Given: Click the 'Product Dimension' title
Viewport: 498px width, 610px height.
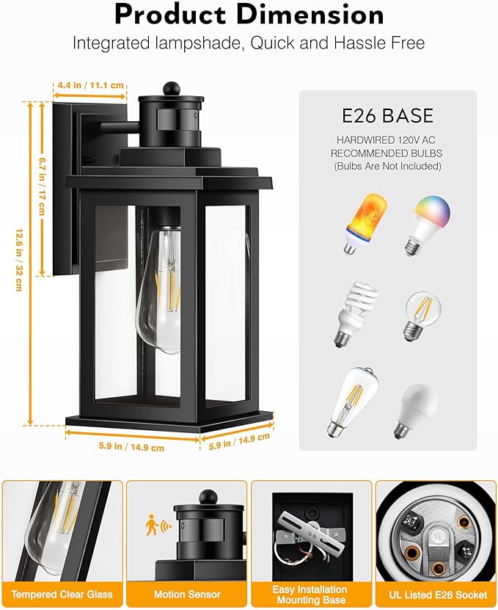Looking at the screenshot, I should [249, 15].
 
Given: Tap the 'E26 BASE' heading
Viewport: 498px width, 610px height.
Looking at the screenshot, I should [388, 116].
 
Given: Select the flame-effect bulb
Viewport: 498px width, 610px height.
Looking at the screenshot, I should [358, 223].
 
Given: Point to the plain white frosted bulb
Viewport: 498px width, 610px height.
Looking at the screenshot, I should [416, 410].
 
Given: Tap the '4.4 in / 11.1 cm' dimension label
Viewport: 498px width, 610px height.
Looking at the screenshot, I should [91, 85].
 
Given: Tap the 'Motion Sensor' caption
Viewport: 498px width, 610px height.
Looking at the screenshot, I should [186, 594].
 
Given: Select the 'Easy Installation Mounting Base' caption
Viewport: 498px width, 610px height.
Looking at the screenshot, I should [311, 594].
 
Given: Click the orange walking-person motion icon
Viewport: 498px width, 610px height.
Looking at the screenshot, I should [153, 524].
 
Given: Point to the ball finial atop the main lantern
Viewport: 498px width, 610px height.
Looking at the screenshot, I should [171, 88].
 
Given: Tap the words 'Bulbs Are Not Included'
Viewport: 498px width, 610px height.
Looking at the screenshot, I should [387, 167].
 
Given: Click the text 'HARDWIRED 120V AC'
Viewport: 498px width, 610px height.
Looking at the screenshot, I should [387, 140].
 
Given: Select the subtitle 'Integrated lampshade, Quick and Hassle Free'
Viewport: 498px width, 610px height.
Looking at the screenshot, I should [249, 43].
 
